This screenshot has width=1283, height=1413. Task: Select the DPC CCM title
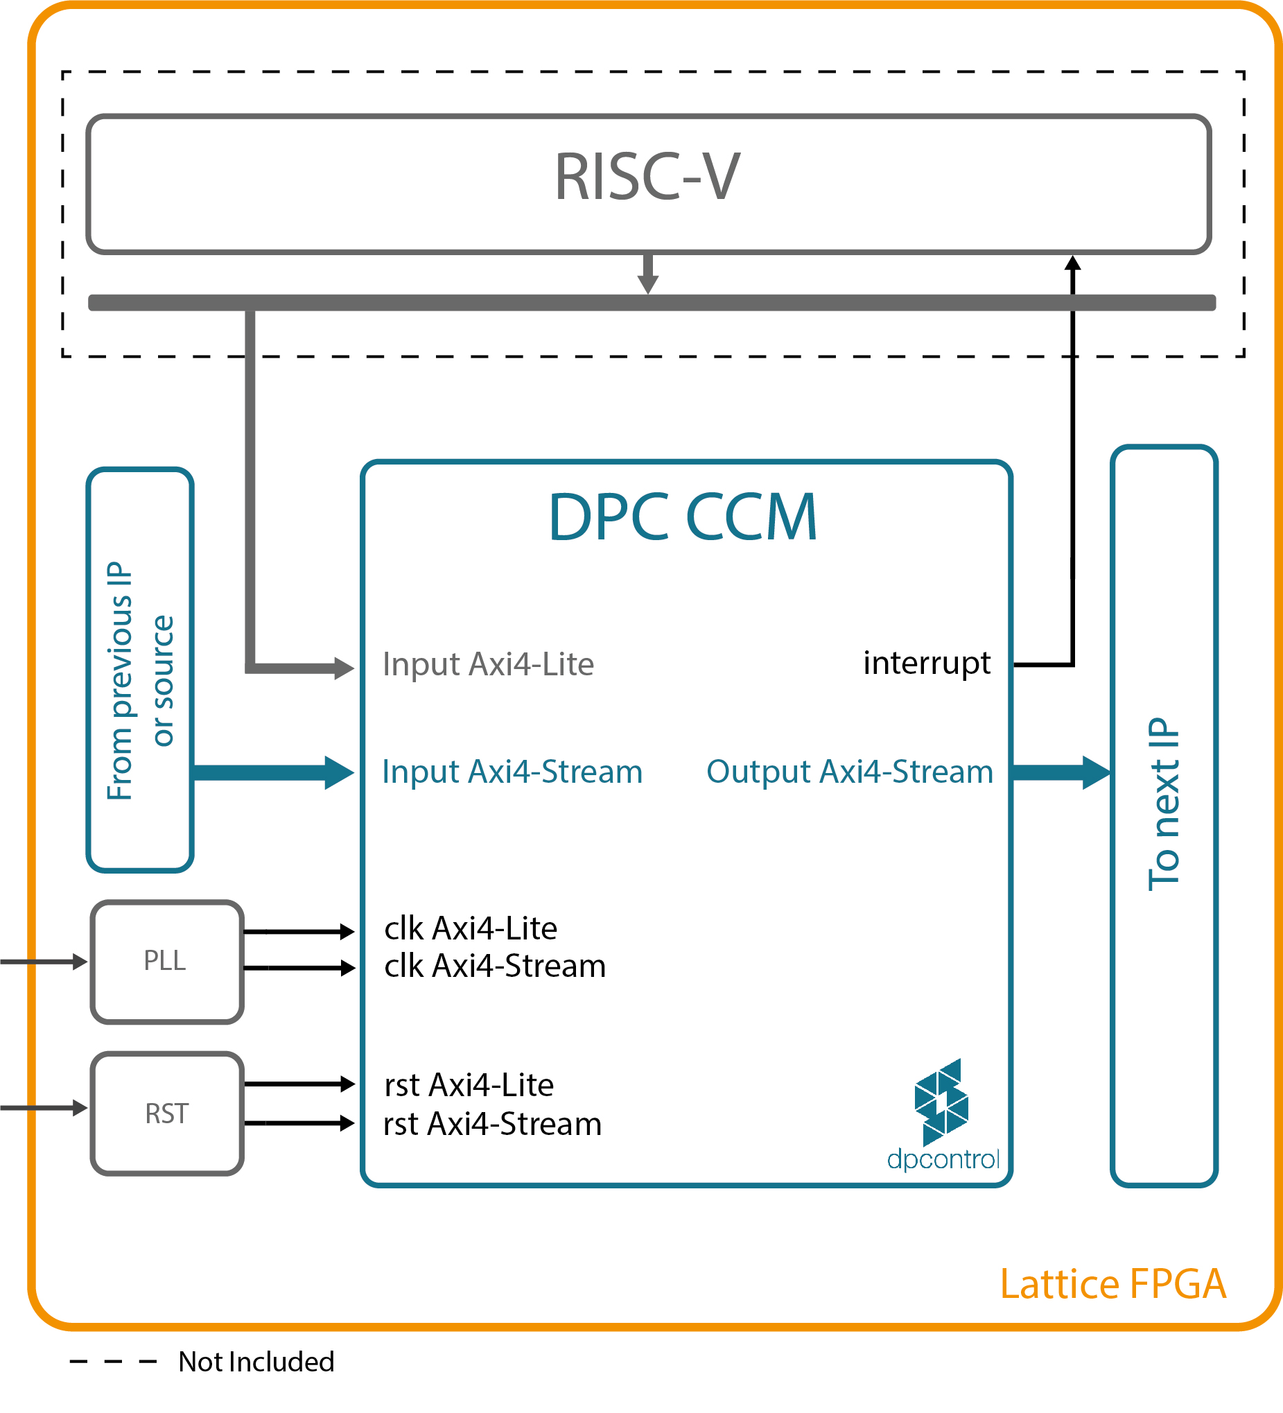pos(683,517)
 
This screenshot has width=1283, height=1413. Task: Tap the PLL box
pos(166,962)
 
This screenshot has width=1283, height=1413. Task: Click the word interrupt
pos(926,663)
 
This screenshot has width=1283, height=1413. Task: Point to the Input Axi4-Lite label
pos(488,664)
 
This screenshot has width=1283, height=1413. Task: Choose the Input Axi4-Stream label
pos(512,772)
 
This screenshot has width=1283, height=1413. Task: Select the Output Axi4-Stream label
pos(849,772)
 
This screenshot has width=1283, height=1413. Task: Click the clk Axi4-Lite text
pos(470,928)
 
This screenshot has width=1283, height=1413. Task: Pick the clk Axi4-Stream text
pos(495,966)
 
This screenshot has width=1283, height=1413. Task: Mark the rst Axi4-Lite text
pos(469,1086)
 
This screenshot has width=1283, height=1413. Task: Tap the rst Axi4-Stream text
pos(493,1125)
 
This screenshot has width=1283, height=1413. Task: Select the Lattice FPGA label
pos(1112,1284)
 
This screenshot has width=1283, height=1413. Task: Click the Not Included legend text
pos(256,1362)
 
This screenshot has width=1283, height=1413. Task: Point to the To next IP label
pos(1164,805)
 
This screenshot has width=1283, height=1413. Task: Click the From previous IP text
pos(121,681)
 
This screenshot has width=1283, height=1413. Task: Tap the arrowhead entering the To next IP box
pos(1095,772)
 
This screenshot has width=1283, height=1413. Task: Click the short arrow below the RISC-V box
pos(647,273)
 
